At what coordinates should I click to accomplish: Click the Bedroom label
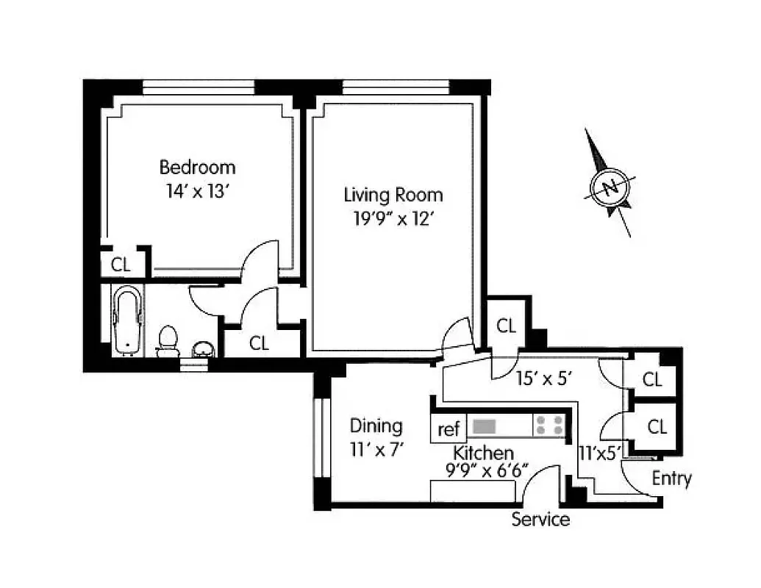click(x=197, y=167)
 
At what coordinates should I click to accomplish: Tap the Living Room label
click(x=393, y=195)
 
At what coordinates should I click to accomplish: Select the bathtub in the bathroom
click(x=128, y=321)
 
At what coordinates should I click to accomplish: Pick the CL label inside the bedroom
click(x=121, y=263)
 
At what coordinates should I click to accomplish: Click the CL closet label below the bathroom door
click(x=259, y=343)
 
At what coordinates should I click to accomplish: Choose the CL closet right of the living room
click(x=506, y=326)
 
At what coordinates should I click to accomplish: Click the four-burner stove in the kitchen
click(x=550, y=426)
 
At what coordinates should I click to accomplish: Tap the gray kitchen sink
click(x=485, y=426)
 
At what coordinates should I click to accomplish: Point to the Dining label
click(x=376, y=426)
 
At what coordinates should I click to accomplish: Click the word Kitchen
click(x=483, y=452)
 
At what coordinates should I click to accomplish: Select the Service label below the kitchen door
click(x=540, y=520)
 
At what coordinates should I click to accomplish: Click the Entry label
click(x=671, y=478)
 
